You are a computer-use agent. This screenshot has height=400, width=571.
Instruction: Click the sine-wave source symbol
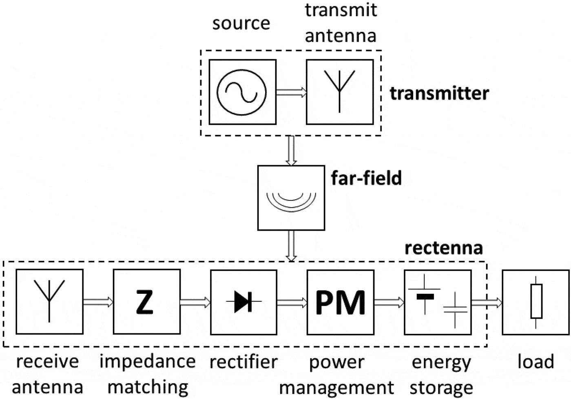[x=242, y=92]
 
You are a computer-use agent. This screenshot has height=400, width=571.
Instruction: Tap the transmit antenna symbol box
[x=340, y=92]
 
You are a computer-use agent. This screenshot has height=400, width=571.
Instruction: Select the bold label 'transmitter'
[x=439, y=93]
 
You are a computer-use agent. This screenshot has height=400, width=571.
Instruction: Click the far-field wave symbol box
[x=291, y=198]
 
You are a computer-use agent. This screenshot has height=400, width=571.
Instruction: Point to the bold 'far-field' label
[x=366, y=178]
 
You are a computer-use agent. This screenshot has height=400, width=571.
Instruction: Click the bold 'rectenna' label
[x=444, y=248]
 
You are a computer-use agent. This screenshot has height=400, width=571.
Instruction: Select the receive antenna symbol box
[x=49, y=302]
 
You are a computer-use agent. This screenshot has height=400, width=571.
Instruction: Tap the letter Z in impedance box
[x=145, y=302]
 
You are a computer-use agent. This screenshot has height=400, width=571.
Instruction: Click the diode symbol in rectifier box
[x=243, y=302]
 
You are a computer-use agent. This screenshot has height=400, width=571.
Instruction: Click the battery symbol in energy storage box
[x=425, y=296]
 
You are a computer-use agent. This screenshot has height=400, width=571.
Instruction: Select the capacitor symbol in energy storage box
[x=455, y=310]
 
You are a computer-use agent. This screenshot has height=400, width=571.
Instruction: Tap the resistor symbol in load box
[x=536, y=302]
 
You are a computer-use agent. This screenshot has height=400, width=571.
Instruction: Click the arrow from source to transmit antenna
[x=291, y=92]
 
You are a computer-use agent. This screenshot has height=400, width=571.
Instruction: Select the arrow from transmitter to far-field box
[x=291, y=151]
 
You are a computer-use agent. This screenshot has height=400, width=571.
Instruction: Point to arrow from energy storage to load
[x=487, y=302]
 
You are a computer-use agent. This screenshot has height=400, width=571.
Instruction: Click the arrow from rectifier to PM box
[x=292, y=302]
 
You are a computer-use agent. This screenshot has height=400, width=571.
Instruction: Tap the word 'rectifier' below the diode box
[x=243, y=362]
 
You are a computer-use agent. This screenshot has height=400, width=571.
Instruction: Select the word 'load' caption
[x=536, y=362]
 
